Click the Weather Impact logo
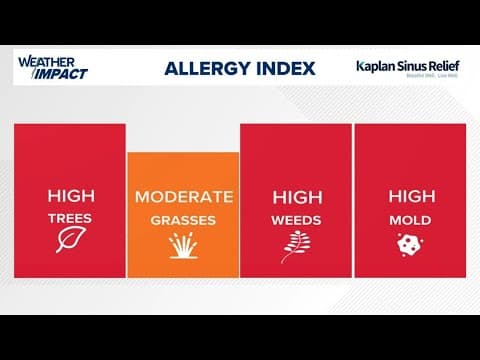pyautogui.click(x=53, y=67)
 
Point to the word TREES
pyautogui.click(x=70, y=216)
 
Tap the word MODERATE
pyautogui.click(x=183, y=195)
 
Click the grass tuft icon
pyautogui.click(x=183, y=244)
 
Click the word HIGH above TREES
pyautogui.click(x=70, y=195)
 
